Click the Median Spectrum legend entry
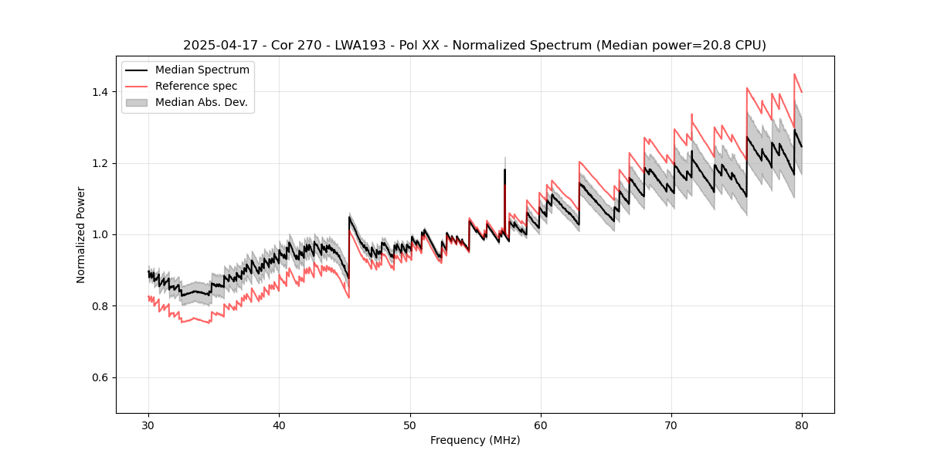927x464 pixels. pos(202,70)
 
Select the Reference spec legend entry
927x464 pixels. pos(196,86)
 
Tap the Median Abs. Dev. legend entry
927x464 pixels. pos(201,102)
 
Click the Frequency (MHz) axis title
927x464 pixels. pos(475,440)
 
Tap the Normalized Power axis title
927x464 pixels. pos(81,234)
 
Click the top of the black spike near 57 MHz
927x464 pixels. pos(505,169)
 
